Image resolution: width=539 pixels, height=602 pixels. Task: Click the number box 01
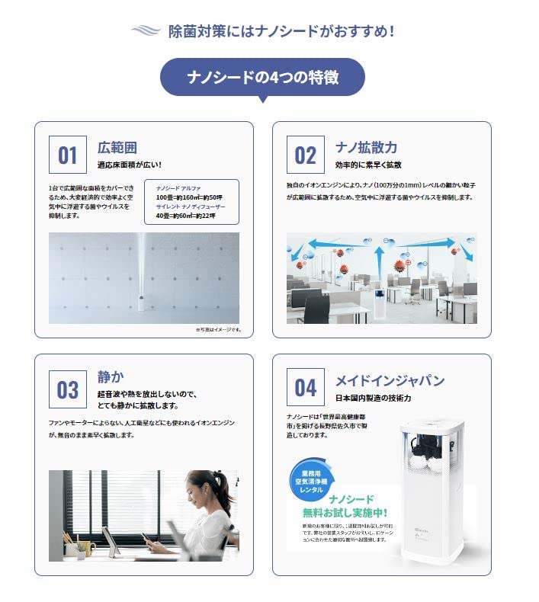[x=68, y=155]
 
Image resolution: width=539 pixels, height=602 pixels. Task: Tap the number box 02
[x=305, y=155]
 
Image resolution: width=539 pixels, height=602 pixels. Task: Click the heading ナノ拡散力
[x=366, y=147]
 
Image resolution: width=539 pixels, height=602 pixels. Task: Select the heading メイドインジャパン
[x=390, y=380]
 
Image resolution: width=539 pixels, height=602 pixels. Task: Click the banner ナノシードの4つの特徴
[x=262, y=78]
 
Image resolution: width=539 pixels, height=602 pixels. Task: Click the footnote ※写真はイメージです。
[x=217, y=330]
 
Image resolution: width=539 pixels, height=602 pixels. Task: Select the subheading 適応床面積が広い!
[x=129, y=165]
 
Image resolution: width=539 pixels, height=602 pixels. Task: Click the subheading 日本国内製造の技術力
[x=374, y=398]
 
